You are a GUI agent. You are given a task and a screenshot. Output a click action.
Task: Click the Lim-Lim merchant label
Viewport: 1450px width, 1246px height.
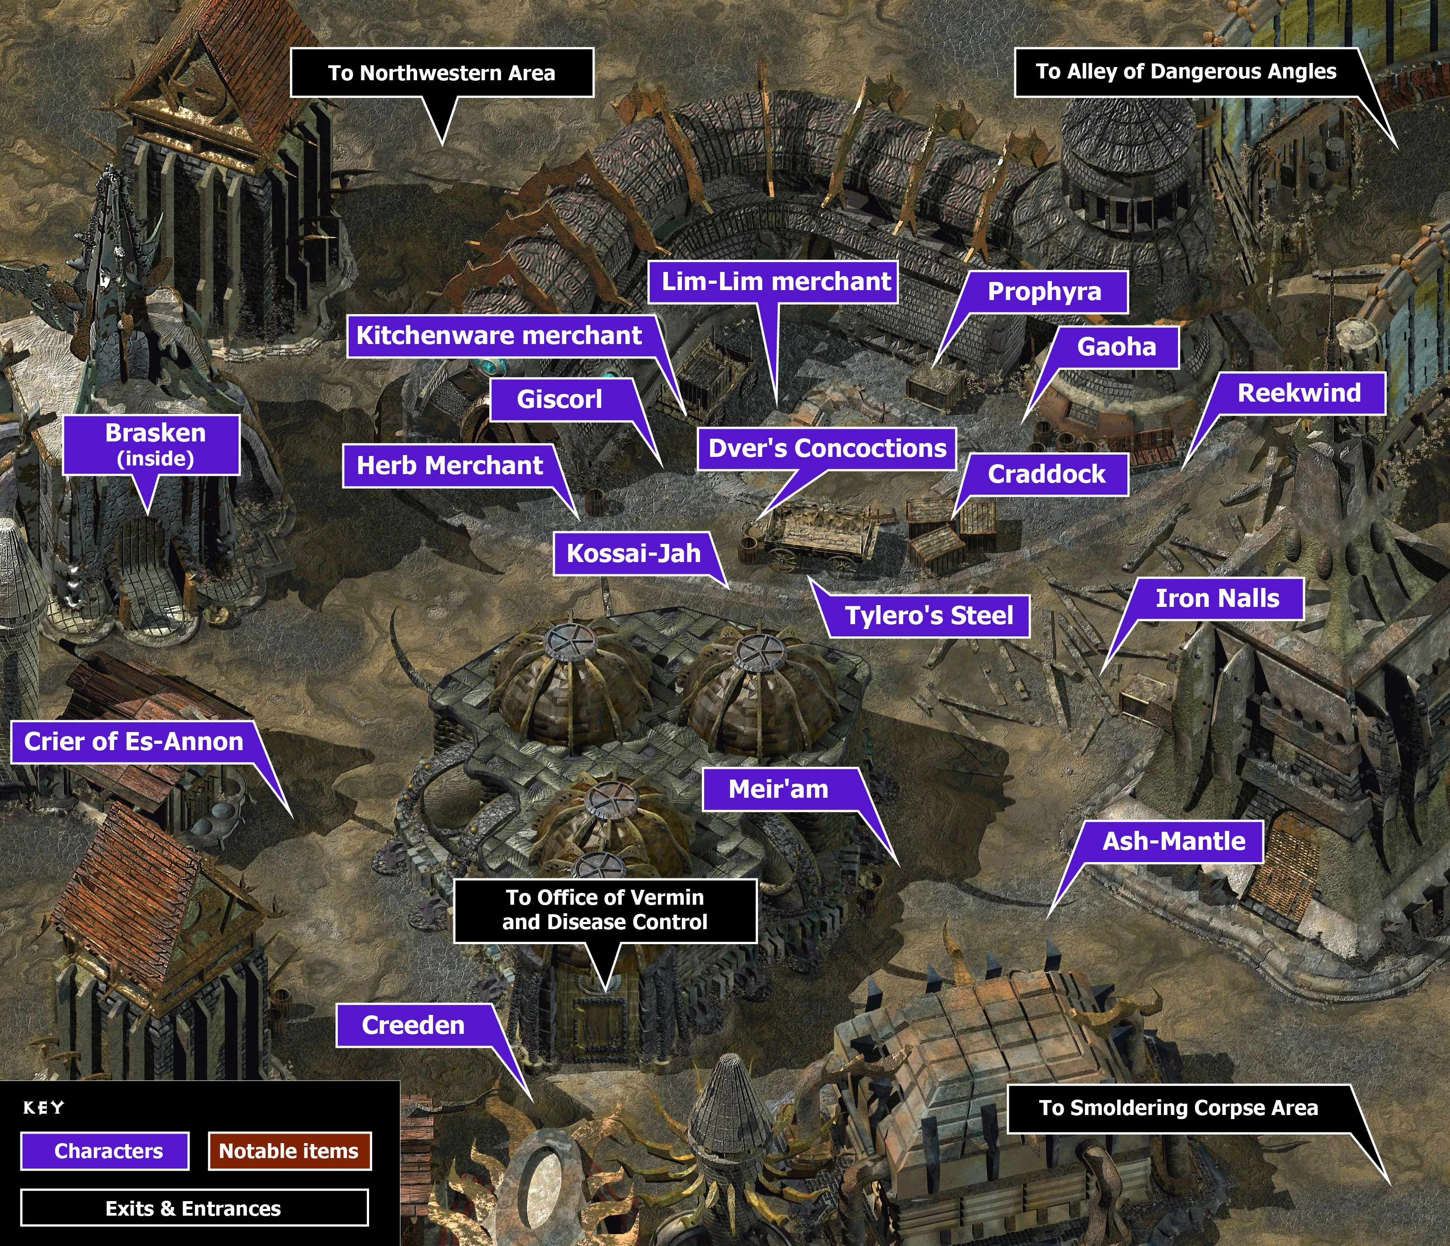pyautogui.click(x=776, y=282)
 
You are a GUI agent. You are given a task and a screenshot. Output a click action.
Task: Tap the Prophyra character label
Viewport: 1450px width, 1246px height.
pyautogui.click(x=1044, y=292)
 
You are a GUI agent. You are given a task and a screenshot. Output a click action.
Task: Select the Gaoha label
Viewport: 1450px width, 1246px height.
pyautogui.click(x=1116, y=347)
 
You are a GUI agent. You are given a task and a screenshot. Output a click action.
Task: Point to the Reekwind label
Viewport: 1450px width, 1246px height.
pyautogui.click(x=1299, y=393)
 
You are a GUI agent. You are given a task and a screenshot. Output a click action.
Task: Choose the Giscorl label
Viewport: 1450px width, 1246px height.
pyautogui.click(x=559, y=399)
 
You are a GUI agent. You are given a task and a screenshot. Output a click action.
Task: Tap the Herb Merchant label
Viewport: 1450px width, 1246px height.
pyautogui.click(x=450, y=465)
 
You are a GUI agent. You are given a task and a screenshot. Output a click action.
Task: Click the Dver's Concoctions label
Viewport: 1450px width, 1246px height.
pyautogui.click(x=827, y=448)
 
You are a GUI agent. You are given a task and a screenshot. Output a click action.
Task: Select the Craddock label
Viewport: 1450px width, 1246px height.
pyautogui.click(x=1046, y=475)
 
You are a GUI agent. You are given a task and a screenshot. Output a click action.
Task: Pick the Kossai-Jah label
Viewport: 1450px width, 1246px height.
pyautogui.click(x=633, y=553)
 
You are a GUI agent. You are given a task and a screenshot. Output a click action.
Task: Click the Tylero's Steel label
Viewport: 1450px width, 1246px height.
pyautogui.click(x=929, y=616)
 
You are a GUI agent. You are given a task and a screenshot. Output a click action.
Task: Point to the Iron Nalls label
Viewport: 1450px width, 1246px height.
pyautogui.click(x=1217, y=599)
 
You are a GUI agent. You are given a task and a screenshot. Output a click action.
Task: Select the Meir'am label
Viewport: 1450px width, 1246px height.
pyautogui.click(x=778, y=789)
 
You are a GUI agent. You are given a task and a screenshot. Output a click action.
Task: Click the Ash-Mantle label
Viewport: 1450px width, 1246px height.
pyautogui.click(x=1173, y=841)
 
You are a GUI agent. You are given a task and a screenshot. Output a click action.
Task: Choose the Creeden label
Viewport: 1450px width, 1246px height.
pyautogui.click(x=413, y=1026)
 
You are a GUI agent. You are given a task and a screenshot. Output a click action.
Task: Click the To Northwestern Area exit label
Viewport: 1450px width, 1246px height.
pyautogui.click(x=442, y=73)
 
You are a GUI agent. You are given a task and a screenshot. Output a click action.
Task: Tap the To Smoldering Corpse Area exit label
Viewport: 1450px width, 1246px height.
pyautogui.click(x=1178, y=1108)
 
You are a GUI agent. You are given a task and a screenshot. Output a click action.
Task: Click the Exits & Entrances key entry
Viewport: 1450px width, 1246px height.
pyautogui.click(x=194, y=1208)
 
